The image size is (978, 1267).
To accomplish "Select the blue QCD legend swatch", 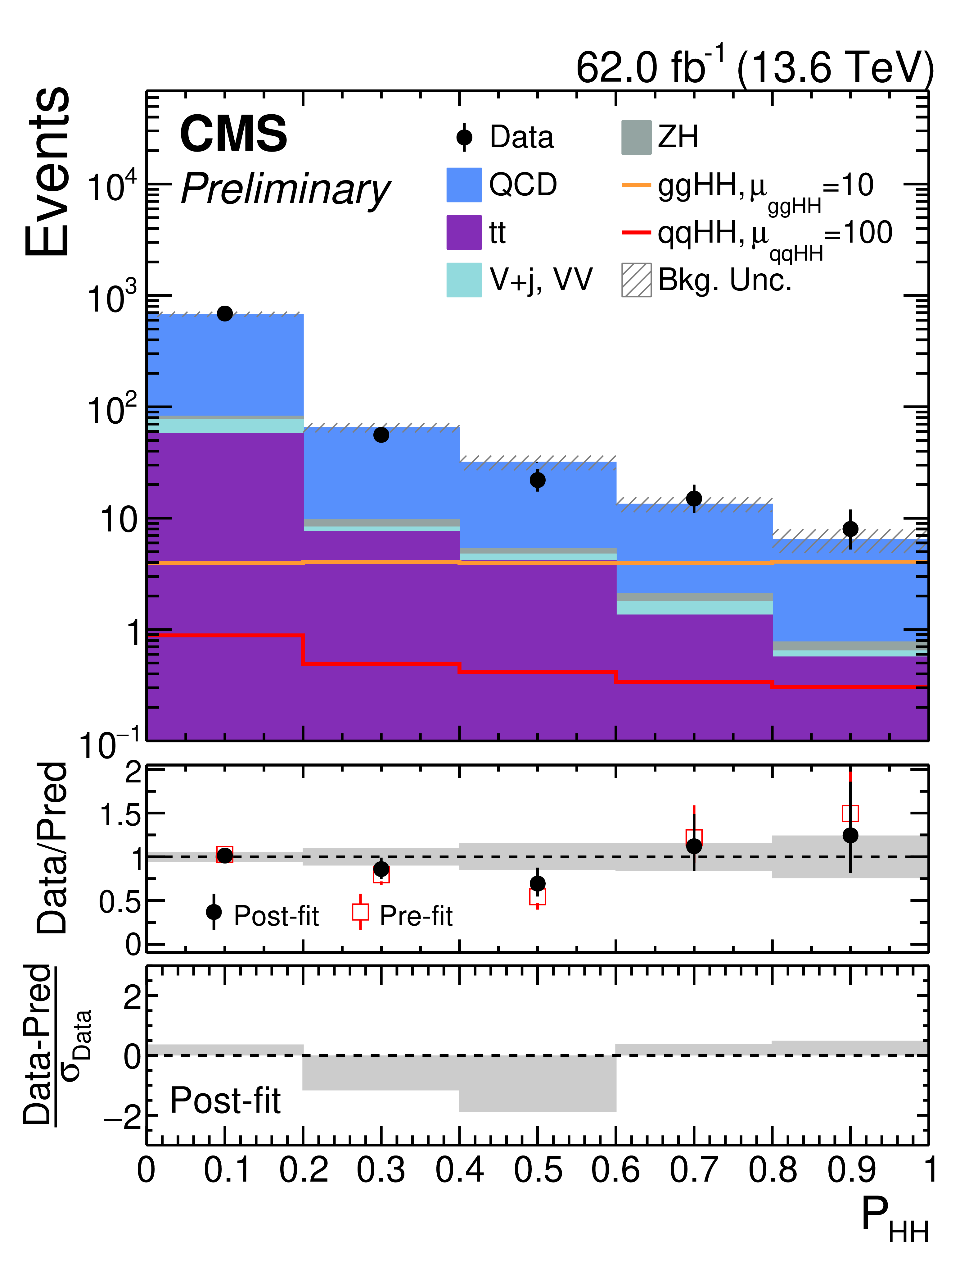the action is pos(464,185).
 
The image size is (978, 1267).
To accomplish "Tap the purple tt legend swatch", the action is pos(464,233).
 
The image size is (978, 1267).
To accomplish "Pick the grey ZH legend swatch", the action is pos(637,138).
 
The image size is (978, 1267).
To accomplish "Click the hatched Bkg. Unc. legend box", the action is pos(637,280).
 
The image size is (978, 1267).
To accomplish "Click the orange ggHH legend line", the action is pos(637,185).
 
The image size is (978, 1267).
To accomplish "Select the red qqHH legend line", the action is pos(637,233).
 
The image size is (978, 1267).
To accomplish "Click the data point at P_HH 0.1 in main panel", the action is pos(225,313).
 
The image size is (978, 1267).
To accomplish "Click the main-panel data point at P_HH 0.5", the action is pos(537,480).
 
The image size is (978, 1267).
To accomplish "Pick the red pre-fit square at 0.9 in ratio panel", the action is pos(850,813).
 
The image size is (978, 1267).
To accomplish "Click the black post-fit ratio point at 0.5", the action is pos(537,883).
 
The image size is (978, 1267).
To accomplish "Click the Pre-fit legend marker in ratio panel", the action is pos(361,912).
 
